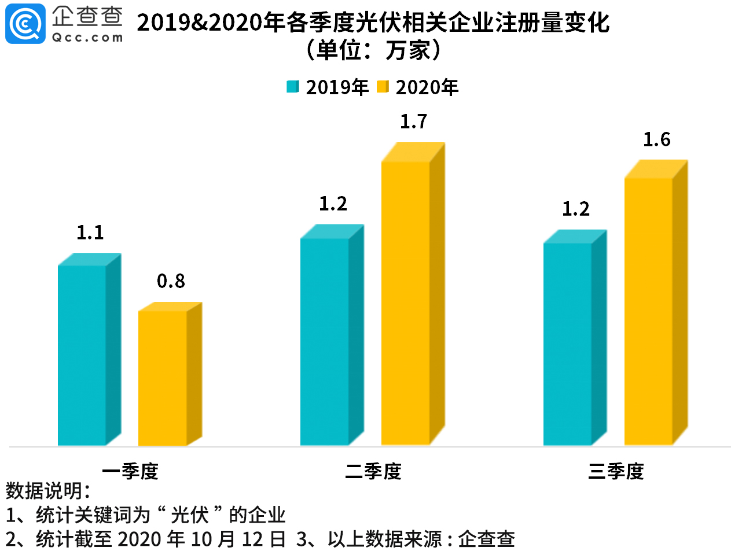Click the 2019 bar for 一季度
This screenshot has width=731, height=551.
[x=82, y=355]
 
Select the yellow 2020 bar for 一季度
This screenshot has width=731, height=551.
[x=163, y=378]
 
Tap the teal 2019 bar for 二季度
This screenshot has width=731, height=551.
[x=325, y=341]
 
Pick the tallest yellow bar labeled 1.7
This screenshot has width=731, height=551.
[x=406, y=303]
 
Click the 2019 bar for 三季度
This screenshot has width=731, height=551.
[x=568, y=343]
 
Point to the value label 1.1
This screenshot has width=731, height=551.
[x=90, y=232]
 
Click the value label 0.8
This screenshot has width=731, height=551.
[x=171, y=281]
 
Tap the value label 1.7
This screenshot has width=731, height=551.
[x=414, y=121]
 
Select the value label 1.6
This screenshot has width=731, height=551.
[x=657, y=139]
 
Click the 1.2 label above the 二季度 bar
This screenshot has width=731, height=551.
[x=333, y=204]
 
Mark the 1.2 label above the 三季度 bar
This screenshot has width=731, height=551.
[x=576, y=209]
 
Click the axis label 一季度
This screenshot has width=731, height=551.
[x=130, y=471]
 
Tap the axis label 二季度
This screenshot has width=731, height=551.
[x=373, y=471]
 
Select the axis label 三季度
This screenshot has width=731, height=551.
[x=616, y=471]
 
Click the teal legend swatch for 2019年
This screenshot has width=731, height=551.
[x=293, y=87]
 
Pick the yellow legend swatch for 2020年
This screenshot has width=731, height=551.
[x=383, y=87]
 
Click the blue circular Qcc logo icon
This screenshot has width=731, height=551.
[x=25, y=23]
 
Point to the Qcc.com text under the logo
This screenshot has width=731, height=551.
[x=87, y=38]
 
